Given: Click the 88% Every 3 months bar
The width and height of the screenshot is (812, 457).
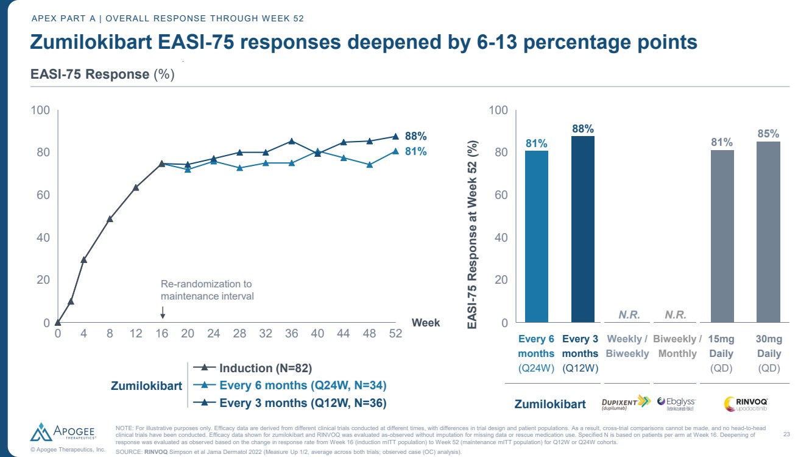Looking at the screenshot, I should (582, 229).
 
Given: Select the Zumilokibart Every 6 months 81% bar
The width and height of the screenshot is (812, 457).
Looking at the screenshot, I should (536, 236).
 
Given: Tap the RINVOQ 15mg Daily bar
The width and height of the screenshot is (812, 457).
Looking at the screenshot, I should (722, 236).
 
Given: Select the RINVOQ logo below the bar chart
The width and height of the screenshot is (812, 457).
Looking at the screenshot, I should (746, 403).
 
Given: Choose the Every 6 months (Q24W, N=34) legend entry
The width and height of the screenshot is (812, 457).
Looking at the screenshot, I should (302, 385).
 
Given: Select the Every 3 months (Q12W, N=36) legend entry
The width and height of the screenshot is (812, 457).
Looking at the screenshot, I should (302, 403).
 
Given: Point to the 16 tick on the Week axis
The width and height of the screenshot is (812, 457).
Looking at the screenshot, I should (162, 334).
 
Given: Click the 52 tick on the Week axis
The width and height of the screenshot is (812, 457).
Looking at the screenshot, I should (395, 334).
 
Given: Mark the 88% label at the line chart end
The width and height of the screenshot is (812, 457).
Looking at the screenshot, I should (415, 137).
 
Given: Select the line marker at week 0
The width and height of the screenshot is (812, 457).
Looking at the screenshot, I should (57, 322).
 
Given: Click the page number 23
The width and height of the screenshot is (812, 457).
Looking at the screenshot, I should (786, 434).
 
